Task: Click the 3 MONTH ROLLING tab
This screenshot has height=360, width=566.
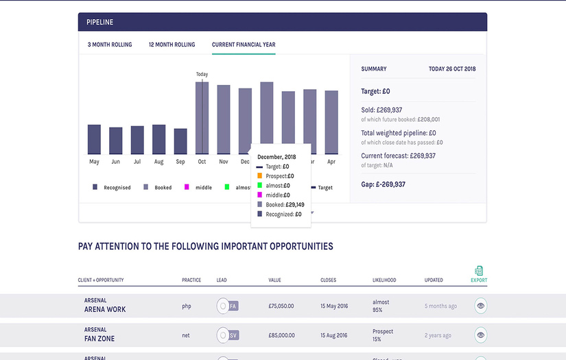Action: tap(110, 45)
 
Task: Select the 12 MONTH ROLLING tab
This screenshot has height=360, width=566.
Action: tap(172, 45)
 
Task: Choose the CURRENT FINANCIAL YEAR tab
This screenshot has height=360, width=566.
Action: tap(244, 45)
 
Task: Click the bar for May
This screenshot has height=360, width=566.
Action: tap(94, 139)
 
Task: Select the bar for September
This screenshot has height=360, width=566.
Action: tap(180, 141)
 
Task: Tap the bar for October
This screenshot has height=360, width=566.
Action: tap(202, 118)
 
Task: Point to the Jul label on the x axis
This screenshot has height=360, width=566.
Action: tap(137, 162)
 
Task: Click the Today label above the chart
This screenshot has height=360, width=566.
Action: tap(202, 74)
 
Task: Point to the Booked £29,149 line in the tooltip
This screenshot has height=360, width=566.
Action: tap(285, 204)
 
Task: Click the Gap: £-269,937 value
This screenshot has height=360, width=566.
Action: tap(383, 184)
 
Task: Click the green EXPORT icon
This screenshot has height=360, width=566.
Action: tap(479, 271)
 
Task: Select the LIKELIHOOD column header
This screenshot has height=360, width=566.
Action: tap(384, 280)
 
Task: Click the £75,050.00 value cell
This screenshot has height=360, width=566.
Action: tap(281, 306)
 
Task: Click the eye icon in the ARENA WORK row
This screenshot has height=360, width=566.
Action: tap(481, 306)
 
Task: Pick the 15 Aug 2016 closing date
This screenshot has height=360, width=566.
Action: tap(334, 335)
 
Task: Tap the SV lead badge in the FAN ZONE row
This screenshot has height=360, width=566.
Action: tap(233, 335)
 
